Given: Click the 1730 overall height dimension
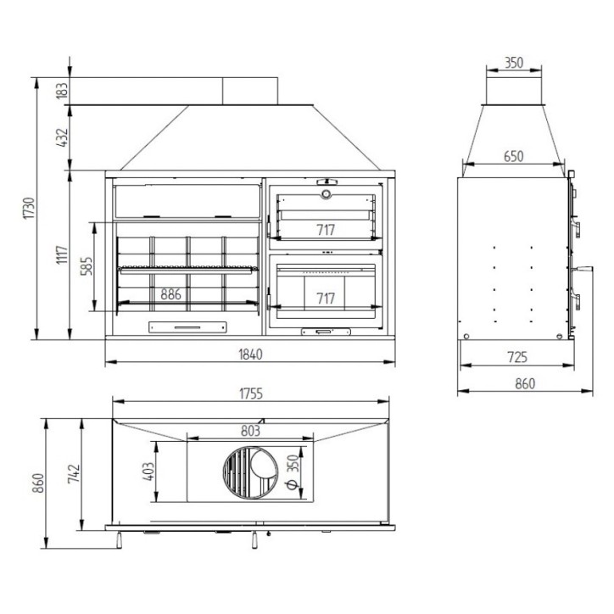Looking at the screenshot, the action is pyautogui.click(x=30, y=209).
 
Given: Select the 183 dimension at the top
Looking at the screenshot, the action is pyautogui.click(x=62, y=91).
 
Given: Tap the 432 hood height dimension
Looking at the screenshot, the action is pyautogui.click(x=62, y=137).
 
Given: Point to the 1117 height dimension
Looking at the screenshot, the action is pyautogui.click(x=62, y=254).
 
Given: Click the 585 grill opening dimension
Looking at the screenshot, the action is pyautogui.click(x=87, y=266).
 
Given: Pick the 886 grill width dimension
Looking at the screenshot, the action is pyautogui.click(x=170, y=294).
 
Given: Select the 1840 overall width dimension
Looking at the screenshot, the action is pyautogui.click(x=250, y=354).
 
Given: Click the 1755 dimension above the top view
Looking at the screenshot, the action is pyautogui.click(x=251, y=394).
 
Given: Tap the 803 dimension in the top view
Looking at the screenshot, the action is pyautogui.click(x=250, y=431).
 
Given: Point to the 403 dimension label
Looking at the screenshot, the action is pyautogui.click(x=148, y=472).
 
